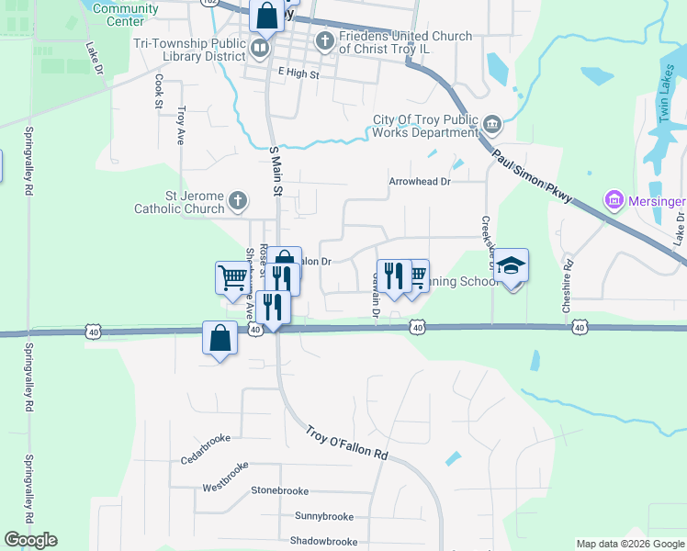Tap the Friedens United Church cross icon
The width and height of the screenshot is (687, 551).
point(324,40)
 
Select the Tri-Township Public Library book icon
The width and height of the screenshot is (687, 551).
point(261,47)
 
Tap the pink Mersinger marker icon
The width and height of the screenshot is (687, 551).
point(612,199)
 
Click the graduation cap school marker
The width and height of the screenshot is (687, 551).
point(512,266)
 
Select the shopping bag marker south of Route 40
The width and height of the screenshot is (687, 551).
point(220,338)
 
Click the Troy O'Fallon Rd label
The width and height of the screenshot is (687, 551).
point(346,442)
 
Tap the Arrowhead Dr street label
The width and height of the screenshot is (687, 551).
point(420,182)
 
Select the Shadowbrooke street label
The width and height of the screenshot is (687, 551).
point(323,542)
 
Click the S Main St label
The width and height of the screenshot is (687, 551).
point(274,170)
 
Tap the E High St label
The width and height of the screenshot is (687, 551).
point(298,73)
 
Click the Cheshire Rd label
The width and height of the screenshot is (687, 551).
point(569,287)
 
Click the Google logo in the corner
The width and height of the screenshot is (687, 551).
point(30,540)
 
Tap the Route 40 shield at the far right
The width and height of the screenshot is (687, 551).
point(579,327)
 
